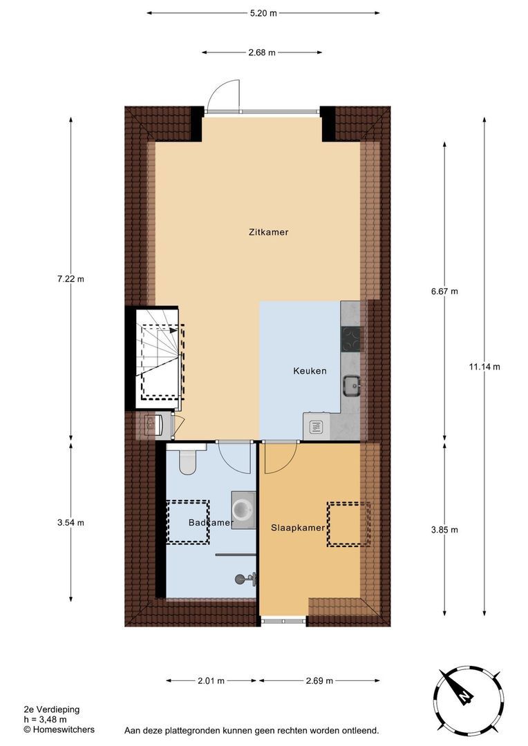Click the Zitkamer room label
(x=268, y=232)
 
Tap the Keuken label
(x=309, y=371)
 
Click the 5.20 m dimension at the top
(x=263, y=12)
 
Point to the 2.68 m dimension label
(x=262, y=52)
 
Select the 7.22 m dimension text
(x=70, y=279)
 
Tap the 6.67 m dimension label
(x=444, y=291)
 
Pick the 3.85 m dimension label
(x=444, y=530)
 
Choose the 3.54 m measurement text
(x=70, y=522)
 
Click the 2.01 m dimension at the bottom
(x=211, y=681)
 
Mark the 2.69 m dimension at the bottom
(x=319, y=681)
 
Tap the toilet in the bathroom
(x=188, y=461)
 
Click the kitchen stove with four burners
(x=351, y=338)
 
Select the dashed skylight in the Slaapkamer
(x=349, y=524)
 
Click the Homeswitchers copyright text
(x=59, y=729)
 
